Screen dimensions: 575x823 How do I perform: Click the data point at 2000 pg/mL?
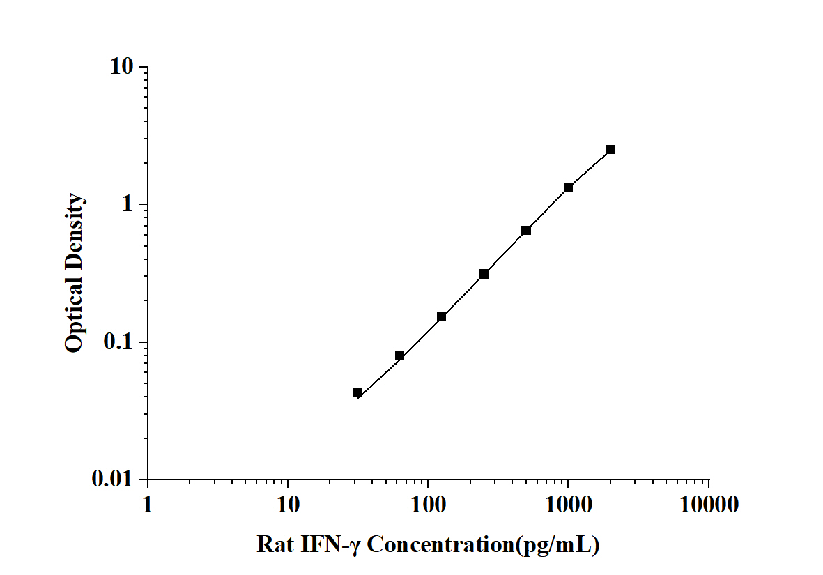point(610,149)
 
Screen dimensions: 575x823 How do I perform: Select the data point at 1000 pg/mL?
point(569,187)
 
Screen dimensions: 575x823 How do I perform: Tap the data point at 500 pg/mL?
point(526,230)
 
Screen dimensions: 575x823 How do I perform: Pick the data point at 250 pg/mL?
point(484,274)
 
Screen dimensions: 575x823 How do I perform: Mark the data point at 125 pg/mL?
point(441,316)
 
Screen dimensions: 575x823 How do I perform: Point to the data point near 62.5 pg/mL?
point(399,355)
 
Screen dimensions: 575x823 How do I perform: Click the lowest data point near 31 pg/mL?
point(357,392)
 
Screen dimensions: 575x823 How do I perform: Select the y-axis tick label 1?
point(127,205)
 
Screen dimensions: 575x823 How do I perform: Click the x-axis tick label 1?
point(147,504)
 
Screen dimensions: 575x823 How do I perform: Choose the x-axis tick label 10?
point(288,504)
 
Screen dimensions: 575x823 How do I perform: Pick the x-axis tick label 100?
point(428,504)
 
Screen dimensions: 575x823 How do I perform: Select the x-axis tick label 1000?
point(569,504)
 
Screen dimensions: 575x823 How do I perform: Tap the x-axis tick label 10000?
point(709,504)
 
